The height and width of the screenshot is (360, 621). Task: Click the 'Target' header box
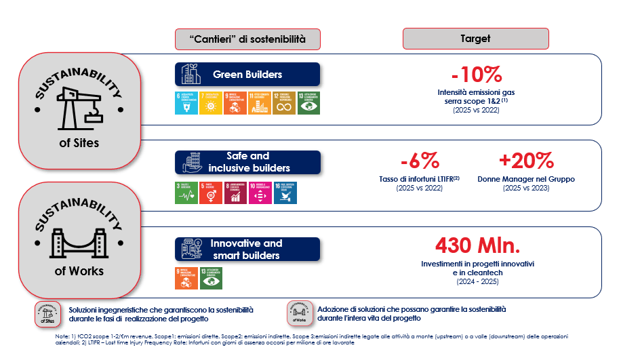pos(475,39)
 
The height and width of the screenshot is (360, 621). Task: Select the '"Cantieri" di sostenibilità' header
pos(247,39)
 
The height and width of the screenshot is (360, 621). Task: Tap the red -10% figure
pos(476,74)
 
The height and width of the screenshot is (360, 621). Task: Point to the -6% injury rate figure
pos(419,161)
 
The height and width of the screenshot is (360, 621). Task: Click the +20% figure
pos(527,161)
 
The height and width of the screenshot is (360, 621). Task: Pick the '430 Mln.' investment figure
pos(477,245)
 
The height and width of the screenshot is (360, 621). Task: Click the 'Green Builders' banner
pos(247,74)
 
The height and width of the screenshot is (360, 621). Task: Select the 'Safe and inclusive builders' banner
pos(247,161)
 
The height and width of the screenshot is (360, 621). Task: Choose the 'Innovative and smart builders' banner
pos(247,249)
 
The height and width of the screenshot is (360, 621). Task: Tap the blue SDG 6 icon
pos(186,103)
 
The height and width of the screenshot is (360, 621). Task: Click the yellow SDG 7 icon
pos(211,103)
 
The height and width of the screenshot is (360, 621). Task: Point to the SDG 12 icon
pos(284,103)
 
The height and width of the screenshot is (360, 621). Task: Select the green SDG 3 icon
pos(186,193)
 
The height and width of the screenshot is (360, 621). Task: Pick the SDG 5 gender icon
pos(211,193)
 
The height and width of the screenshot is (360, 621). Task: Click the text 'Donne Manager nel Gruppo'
pos(527,179)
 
